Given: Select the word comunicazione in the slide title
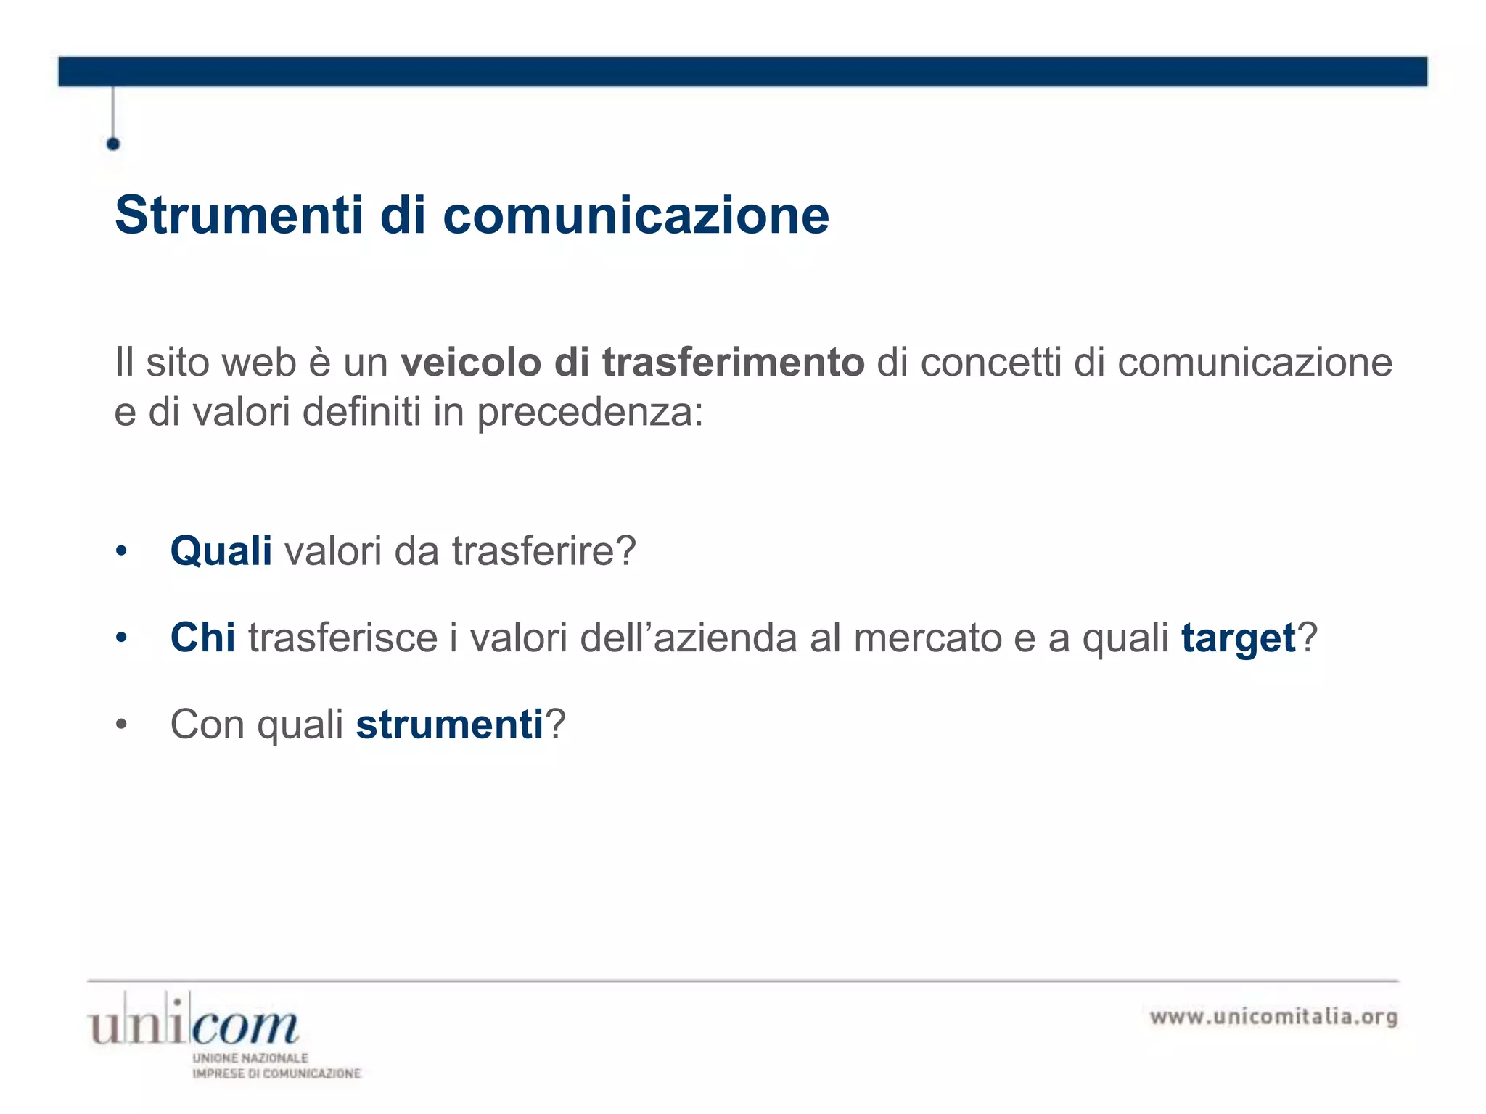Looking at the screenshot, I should coord(636,215).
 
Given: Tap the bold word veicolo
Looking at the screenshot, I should coord(470,362).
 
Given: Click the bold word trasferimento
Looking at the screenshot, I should coord(733,362).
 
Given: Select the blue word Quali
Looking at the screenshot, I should coord(221,550).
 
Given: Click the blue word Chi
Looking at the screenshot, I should coord(202,638).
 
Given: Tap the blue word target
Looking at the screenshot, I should coord(1238,638).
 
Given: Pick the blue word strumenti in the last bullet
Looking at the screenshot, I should coord(449,724).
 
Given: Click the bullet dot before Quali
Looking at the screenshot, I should coord(121,552).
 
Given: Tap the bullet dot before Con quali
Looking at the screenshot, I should coord(121,725).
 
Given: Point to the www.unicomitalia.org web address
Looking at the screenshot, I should coord(1273,1017).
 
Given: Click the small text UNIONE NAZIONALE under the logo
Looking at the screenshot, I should coord(250,1058).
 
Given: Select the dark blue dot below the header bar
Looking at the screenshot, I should coord(113,144).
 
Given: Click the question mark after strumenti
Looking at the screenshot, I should coord(555,724).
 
